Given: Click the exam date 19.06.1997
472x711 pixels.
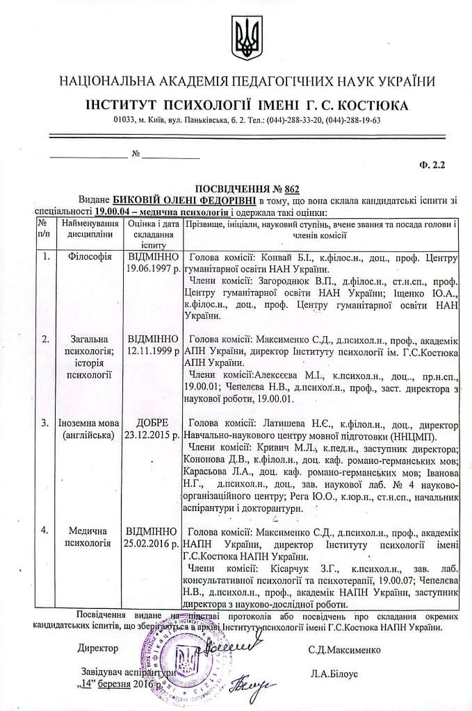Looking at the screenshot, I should click(x=153, y=267).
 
